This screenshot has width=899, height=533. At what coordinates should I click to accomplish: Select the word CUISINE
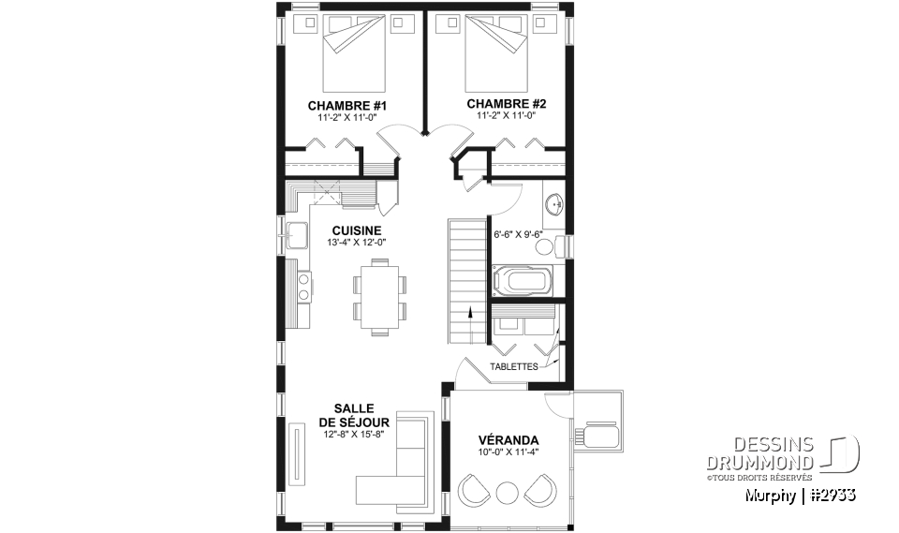[x=357, y=229]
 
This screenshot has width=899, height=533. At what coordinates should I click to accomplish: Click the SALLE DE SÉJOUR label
[x=353, y=415]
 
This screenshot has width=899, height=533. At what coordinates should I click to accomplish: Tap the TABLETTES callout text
[x=514, y=366]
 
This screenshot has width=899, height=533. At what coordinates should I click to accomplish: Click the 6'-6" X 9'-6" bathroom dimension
[x=518, y=234]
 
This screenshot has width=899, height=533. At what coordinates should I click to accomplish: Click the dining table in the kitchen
[x=380, y=297]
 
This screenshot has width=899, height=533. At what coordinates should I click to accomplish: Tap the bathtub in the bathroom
[x=522, y=280]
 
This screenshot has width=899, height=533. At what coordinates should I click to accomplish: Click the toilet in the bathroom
[x=560, y=244]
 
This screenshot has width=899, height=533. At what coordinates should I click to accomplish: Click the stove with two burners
[x=303, y=287]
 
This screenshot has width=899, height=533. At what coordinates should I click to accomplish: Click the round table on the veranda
[x=507, y=492]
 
